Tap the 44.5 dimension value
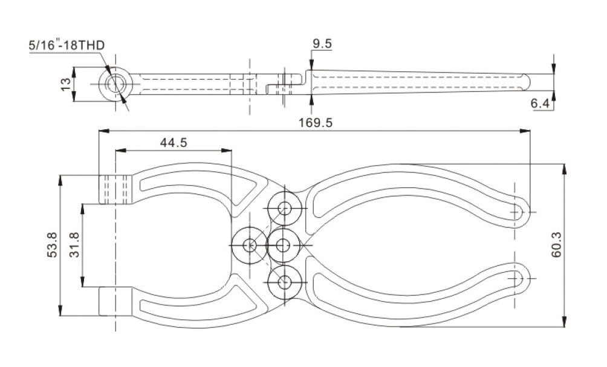173,143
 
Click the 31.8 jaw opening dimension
74,245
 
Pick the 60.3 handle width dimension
556,245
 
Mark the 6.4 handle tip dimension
540,104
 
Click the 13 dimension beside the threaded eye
66,83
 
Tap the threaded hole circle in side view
114,83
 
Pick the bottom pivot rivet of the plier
284,281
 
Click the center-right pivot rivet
284,245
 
